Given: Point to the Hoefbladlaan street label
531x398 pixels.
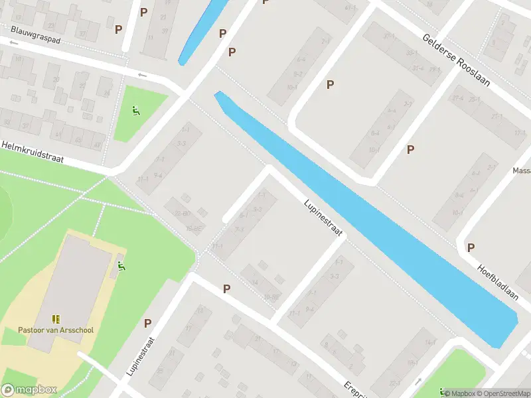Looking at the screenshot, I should pos(497,281).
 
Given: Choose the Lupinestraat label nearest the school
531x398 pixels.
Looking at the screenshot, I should pos(141,358).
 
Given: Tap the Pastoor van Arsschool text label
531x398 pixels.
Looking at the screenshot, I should pos(56,330).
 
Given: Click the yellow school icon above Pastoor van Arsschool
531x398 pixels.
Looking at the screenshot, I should pos(56,320).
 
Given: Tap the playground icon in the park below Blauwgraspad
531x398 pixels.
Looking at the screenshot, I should pos(136,111).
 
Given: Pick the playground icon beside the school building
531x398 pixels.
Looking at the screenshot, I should pos(121,267).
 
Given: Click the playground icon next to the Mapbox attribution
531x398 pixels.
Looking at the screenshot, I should pos(441,392).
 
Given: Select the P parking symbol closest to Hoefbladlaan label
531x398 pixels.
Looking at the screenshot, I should pos(471,247).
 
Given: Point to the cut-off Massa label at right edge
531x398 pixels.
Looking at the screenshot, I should pos(521,170).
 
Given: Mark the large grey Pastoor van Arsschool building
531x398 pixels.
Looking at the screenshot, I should pos(70,285).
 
